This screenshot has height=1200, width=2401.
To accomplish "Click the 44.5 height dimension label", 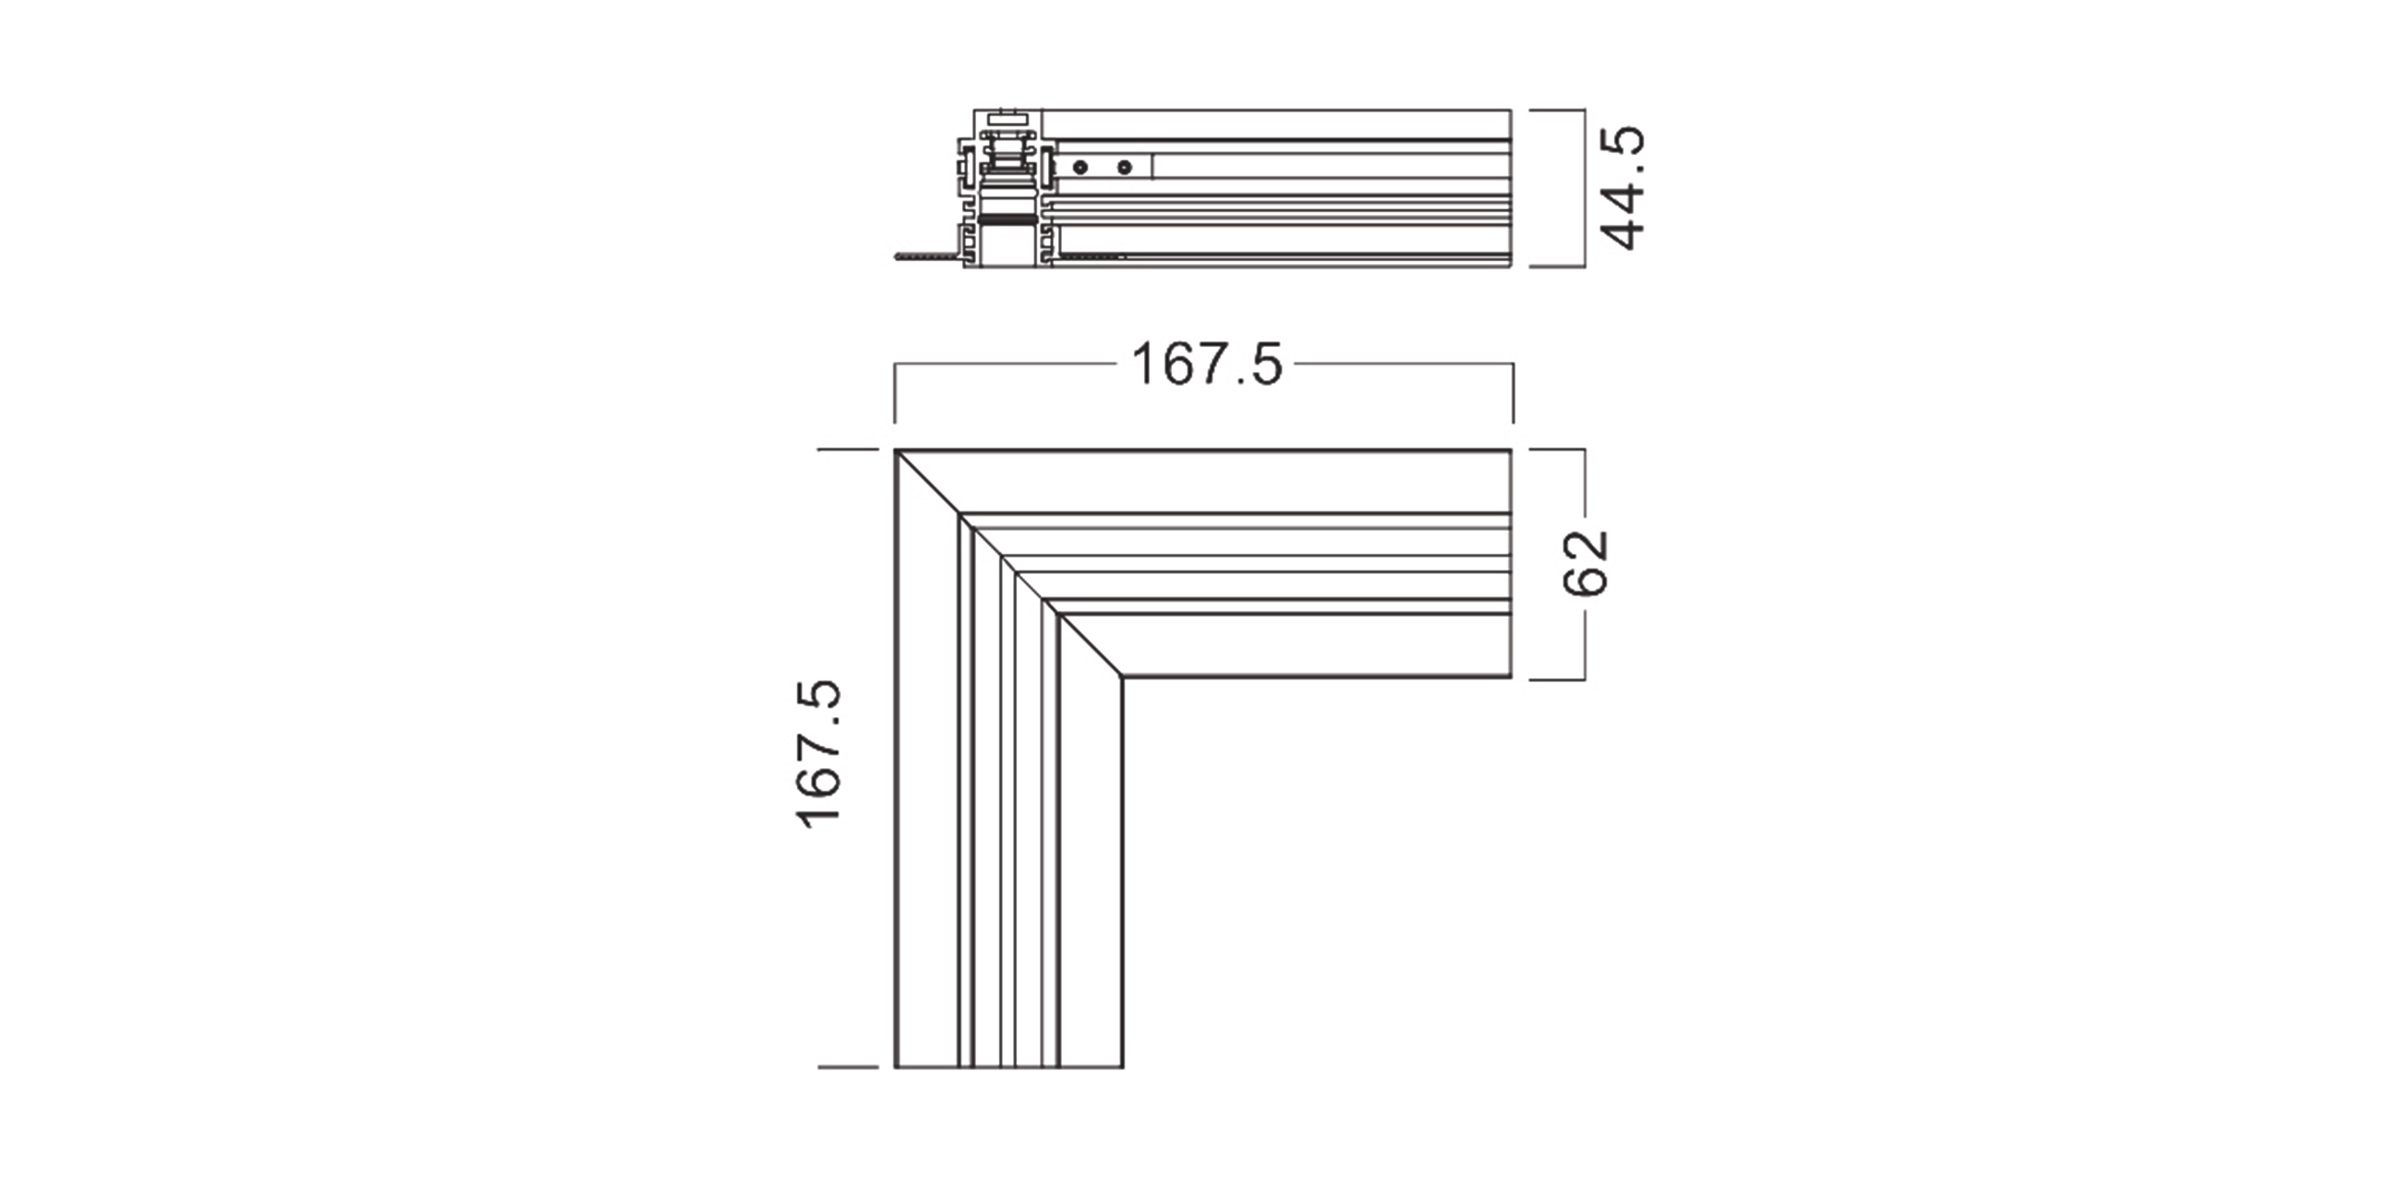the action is (x=1623, y=188).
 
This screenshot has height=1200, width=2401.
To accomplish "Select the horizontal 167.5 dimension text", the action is (x=1207, y=365).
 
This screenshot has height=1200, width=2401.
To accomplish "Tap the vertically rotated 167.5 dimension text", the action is (x=818, y=753).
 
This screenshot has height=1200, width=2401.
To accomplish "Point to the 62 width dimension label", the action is (x=1586, y=563).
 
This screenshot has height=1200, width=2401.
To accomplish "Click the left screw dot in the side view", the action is (x=1080, y=168).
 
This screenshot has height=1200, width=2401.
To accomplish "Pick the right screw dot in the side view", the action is (x=1125, y=168).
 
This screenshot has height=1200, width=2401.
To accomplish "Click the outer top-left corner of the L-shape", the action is (x=896, y=451).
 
